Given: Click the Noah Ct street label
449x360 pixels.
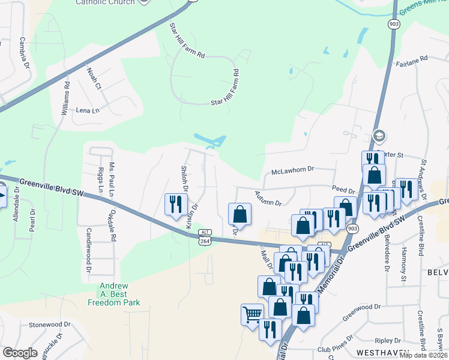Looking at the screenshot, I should [95, 79].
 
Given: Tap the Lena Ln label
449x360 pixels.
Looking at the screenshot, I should [87, 110].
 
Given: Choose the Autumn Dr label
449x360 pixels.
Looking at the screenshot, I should [268, 198].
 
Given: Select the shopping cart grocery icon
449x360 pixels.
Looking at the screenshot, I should [252, 313].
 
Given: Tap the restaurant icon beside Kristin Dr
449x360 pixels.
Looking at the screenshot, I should [175, 204].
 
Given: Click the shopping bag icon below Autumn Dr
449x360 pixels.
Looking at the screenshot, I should [240, 214].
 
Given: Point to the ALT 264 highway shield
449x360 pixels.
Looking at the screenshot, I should [205, 236].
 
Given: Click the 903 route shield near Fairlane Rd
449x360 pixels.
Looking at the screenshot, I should [394, 23].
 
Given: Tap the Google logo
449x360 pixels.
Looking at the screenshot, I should [20, 353].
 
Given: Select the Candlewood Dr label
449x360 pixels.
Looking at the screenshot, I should [88, 247].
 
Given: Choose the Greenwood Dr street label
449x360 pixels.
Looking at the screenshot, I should [362, 306].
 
